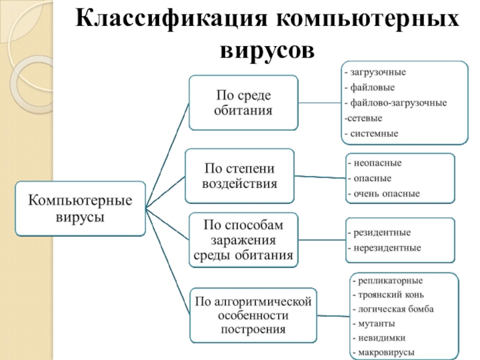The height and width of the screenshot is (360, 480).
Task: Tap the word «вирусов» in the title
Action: [x=267, y=50]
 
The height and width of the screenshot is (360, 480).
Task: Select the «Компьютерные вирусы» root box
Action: [x=80, y=208]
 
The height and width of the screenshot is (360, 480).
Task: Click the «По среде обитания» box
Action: [x=244, y=103]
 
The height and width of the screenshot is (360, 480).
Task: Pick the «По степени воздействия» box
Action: [x=239, y=176]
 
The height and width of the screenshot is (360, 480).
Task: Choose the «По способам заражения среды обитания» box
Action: [x=244, y=240]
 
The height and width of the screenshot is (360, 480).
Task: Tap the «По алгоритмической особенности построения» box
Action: [x=253, y=316]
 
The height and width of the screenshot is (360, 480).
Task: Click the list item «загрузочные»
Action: [x=376, y=73]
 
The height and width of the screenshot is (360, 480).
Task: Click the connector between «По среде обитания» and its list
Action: [x=320, y=103]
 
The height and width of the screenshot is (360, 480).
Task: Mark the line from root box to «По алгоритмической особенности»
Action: [x=168, y=262]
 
